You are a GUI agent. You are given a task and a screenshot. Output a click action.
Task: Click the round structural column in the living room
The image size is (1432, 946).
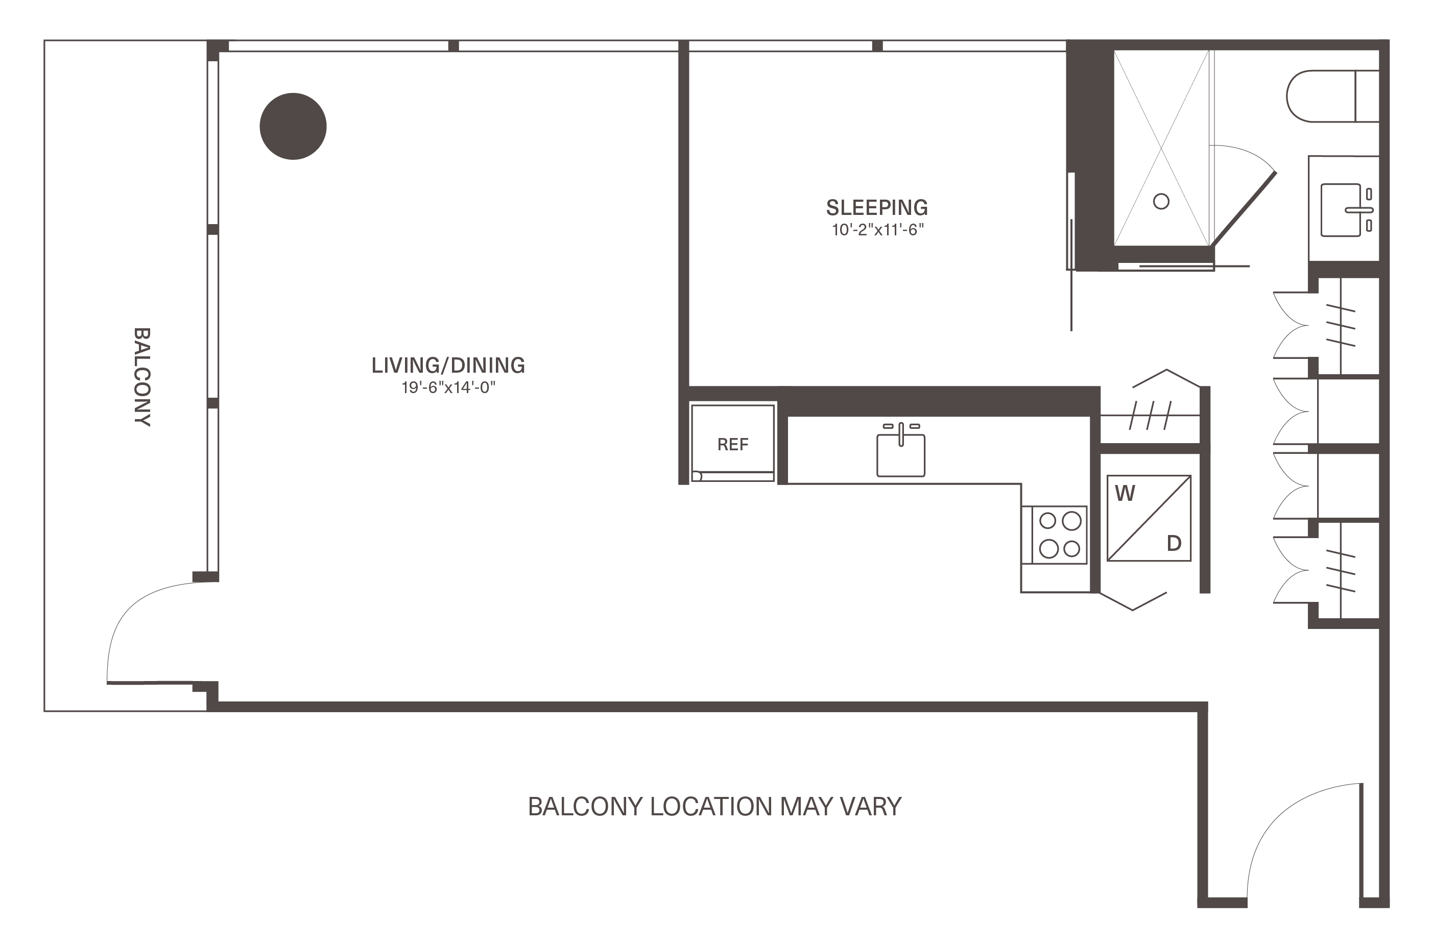(x=293, y=126)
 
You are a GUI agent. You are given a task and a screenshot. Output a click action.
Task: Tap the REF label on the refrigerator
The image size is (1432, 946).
(x=732, y=445)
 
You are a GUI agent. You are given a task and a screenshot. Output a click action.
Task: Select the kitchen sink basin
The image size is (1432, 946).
(x=900, y=455)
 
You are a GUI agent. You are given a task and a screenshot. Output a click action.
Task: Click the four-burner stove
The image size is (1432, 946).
(x=1059, y=535)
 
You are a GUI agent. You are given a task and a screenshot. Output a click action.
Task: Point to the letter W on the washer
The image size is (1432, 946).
(x=1125, y=494)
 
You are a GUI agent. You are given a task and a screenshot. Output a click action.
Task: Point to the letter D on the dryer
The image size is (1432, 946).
(x=1174, y=544)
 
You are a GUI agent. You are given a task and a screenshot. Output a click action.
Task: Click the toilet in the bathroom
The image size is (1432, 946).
(x=1332, y=96)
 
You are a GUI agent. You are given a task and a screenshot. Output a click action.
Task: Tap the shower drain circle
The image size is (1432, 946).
(x=1161, y=201)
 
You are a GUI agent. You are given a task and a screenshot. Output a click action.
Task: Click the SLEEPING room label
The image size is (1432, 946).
(x=877, y=208)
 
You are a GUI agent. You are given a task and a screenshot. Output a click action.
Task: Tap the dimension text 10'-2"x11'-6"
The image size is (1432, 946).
(x=878, y=230)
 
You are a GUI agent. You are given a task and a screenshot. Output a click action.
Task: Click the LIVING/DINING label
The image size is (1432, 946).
(x=448, y=365)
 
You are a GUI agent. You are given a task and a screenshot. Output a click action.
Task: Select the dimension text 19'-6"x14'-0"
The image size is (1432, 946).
(x=448, y=387)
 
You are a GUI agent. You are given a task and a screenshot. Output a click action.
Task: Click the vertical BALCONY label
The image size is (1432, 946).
(x=142, y=377)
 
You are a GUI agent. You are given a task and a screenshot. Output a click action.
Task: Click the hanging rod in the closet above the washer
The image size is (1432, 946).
(x=1151, y=416)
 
